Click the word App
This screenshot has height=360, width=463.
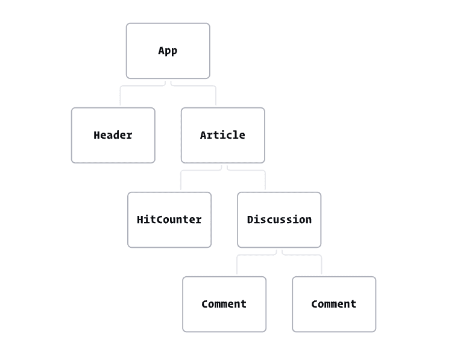[168, 51]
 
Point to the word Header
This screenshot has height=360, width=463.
[113, 135]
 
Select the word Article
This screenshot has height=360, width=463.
[222, 135]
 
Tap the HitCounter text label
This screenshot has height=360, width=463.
[169, 219]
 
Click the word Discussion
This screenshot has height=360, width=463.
[279, 219]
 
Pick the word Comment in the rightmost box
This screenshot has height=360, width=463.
[334, 304]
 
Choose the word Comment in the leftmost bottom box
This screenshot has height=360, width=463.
[224, 304]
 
